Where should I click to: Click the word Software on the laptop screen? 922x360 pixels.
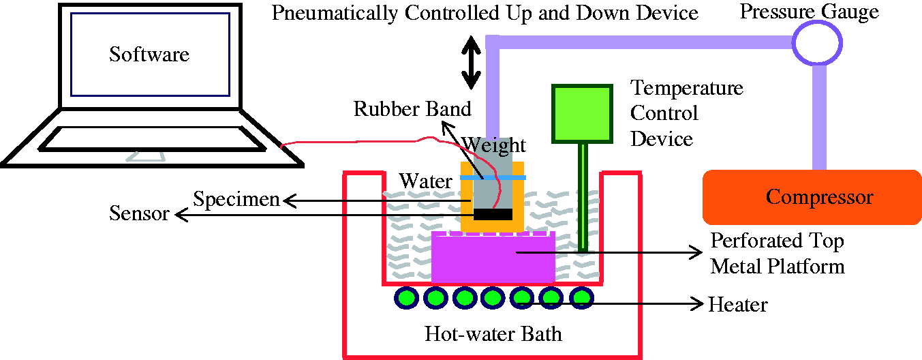pos(149,55)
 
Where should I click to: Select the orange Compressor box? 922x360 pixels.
pos(812,197)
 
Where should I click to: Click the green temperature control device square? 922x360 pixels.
pos(582,114)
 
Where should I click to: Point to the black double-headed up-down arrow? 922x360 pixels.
pos(471,63)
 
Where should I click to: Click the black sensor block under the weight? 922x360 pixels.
pos(493,215)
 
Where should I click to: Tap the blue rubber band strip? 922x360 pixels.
pos(493,177)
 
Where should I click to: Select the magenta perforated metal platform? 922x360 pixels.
pos(493,257)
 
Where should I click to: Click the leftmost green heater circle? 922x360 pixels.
pos(407,297)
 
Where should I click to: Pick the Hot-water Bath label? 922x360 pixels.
pos(493,333)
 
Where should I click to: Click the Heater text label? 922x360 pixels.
pos(737,305)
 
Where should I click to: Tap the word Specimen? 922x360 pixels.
pos(236,200)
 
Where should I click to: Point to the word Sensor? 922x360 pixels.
pos(139,213)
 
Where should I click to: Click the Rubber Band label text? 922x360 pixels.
pos(412,109)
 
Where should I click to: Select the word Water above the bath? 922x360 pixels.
pos(426,181)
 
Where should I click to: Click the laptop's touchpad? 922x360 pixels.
pos(145,157)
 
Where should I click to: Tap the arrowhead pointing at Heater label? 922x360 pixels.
pos(698,304)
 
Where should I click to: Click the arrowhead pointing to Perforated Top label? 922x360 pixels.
pos(697,252)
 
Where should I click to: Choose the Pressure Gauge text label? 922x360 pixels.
pos(809,12)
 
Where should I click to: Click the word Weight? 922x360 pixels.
pos(493,146)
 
